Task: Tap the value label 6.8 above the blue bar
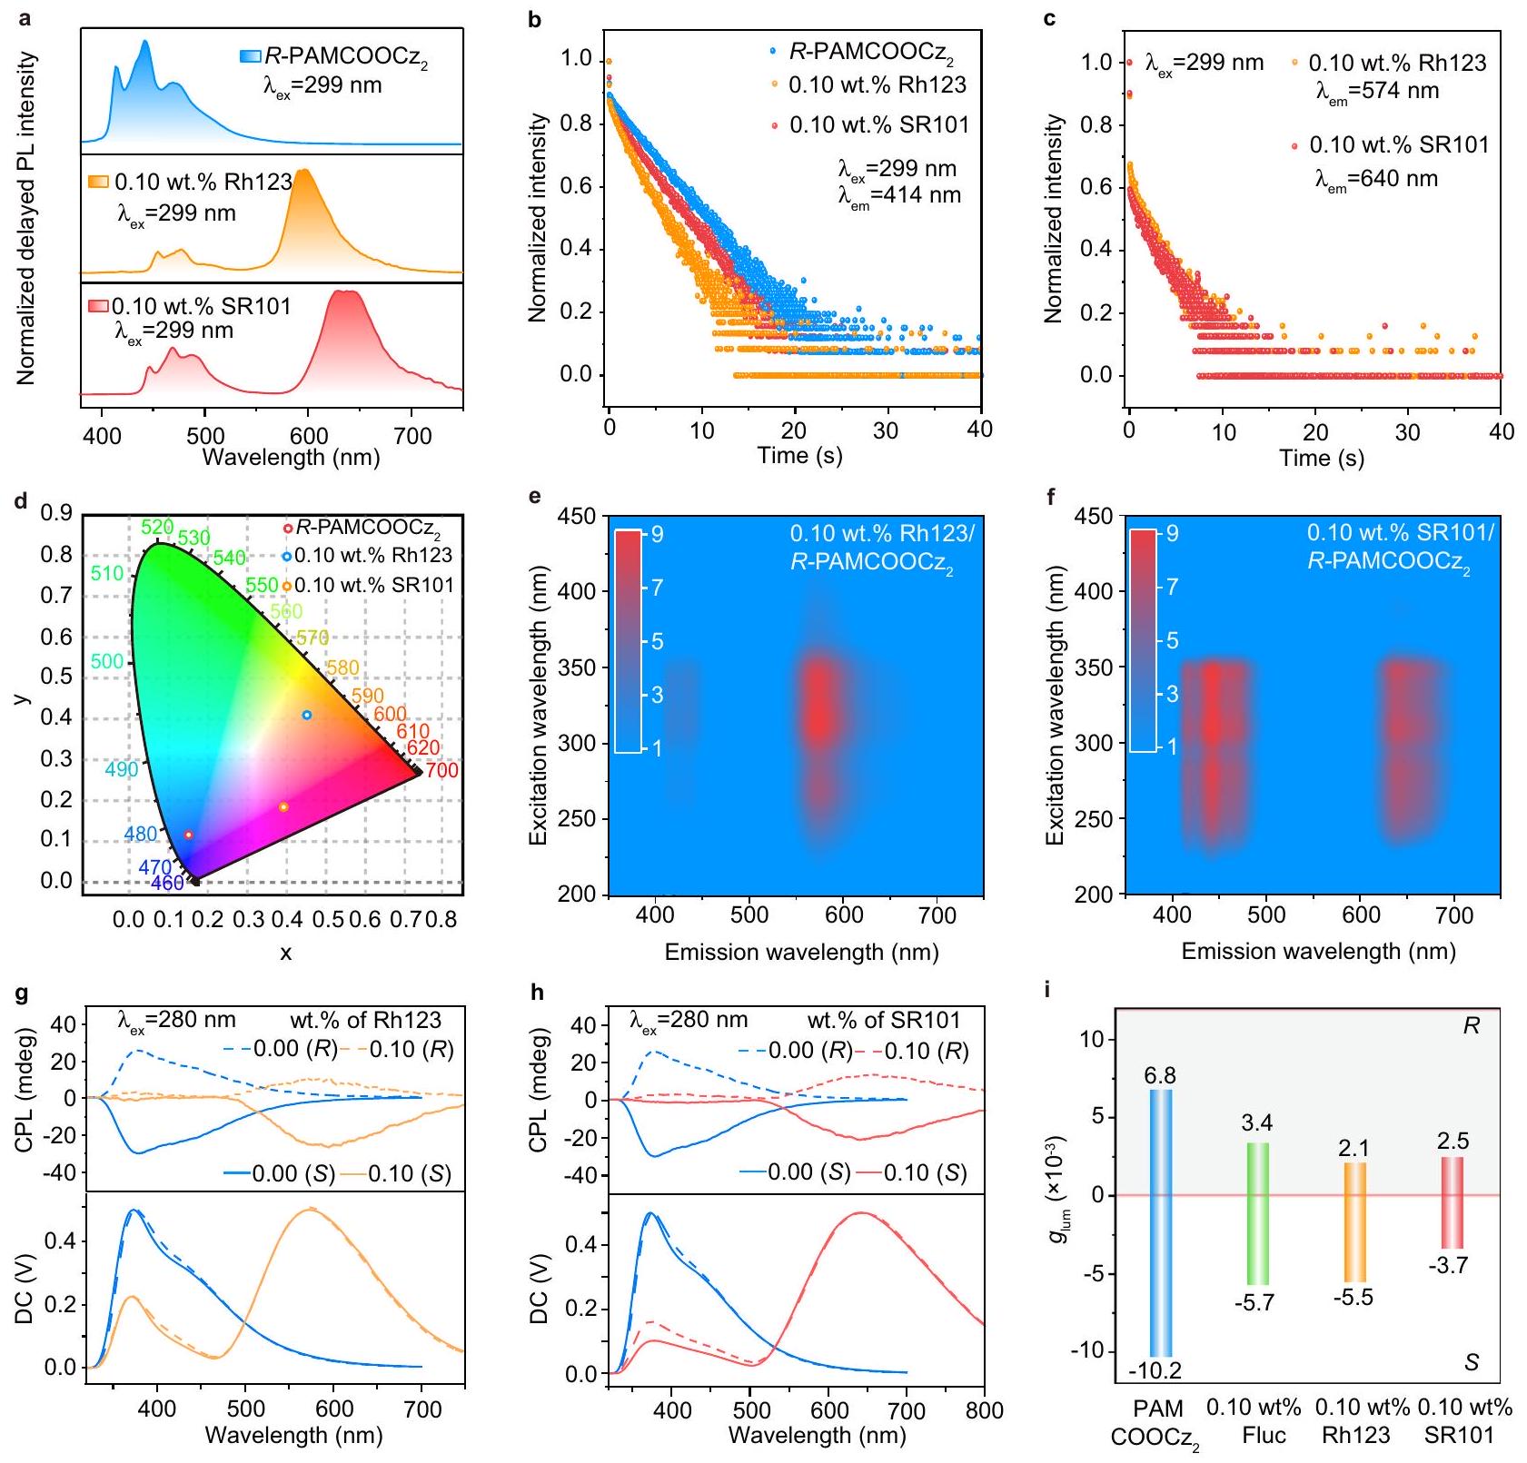1160,1076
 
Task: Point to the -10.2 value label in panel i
1155,1370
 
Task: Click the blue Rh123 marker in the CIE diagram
307,715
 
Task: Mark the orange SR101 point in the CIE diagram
283,806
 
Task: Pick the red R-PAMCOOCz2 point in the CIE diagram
188,835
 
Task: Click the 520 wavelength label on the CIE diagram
157,528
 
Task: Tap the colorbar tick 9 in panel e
657,534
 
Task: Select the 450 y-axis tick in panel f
1094,516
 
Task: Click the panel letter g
25,994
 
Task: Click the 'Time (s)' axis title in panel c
1321,458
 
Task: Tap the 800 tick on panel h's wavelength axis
985,1410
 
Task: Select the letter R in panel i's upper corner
1471,1026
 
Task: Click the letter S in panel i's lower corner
1472,1362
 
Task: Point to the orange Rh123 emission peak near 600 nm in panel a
304,173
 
